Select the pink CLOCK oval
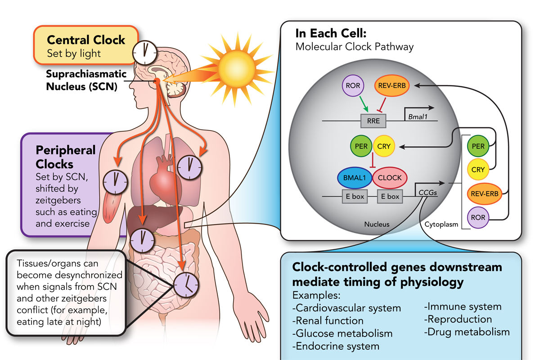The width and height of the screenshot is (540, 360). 390,177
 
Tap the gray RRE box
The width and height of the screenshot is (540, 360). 373,121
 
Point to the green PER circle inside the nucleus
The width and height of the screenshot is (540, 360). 361,146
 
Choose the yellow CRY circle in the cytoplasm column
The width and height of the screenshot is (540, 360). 478,170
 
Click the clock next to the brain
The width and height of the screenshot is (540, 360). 144,52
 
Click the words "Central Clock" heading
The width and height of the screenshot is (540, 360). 86,40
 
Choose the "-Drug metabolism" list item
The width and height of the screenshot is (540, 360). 467,332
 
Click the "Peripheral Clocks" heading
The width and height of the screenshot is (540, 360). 66,156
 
